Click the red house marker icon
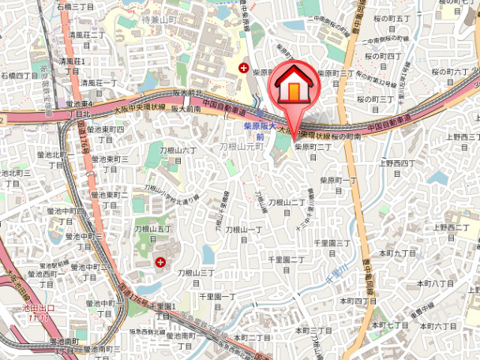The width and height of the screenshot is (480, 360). (x=292, y=87)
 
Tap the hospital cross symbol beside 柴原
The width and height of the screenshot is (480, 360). (x=244, y=68)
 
